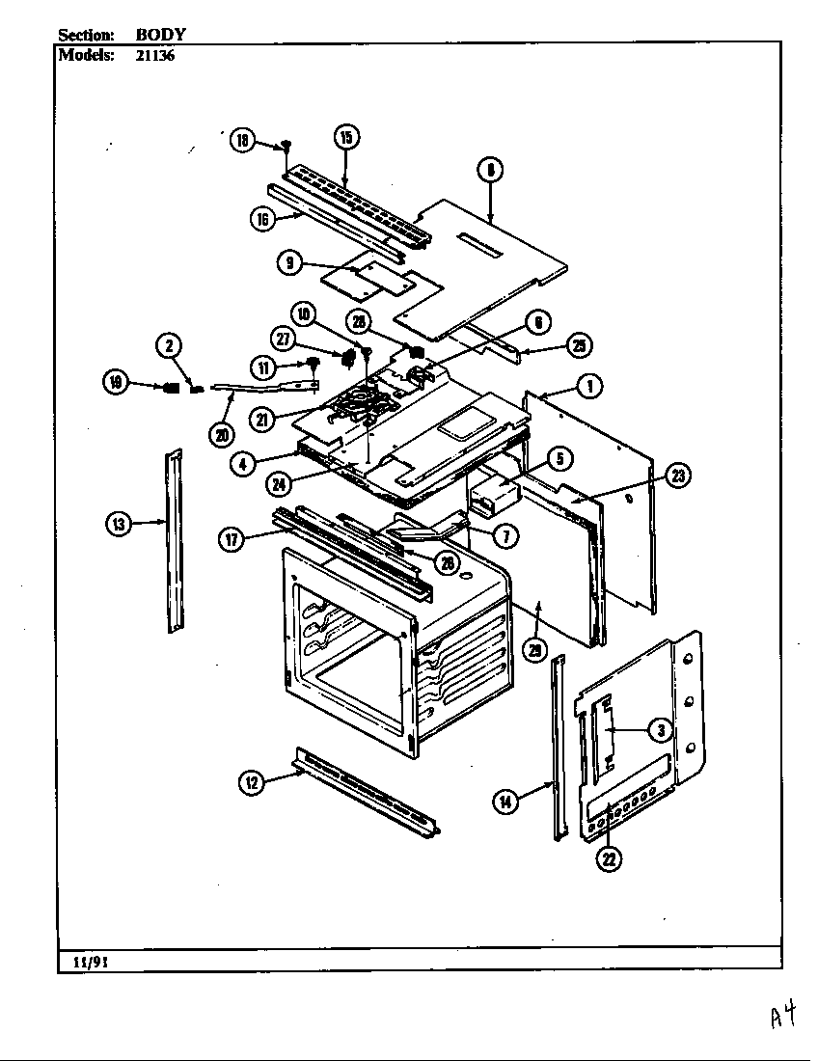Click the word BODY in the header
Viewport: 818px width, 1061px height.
(160, 34)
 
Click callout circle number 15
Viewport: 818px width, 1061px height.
(345, 136)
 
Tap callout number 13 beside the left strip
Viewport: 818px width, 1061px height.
(118, 524)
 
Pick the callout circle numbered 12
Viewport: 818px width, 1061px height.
(251, 783)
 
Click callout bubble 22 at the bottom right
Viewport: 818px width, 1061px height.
(609, 857)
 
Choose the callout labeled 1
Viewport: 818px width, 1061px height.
(589, 386)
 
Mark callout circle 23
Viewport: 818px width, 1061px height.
(678, 476)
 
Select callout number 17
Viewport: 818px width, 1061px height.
(232, 539)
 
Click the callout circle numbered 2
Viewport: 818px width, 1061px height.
(168, 345)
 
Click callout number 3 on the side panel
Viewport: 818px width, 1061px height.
(659, 730)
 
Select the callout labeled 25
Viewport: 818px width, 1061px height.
(580, 345)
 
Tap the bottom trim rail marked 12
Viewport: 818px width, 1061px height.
(367, 791)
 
